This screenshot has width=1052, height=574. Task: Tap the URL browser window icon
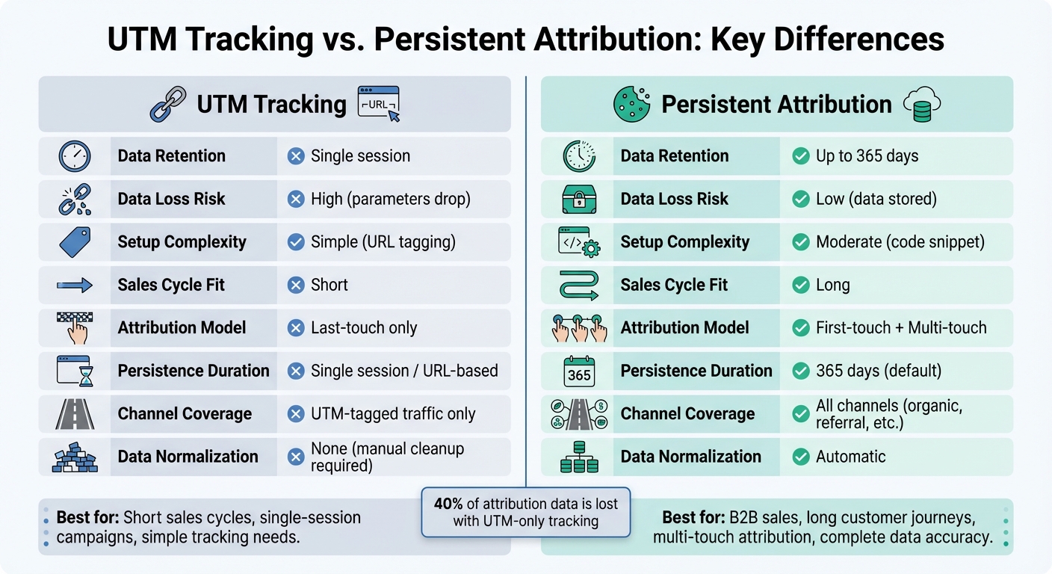pos(379,103)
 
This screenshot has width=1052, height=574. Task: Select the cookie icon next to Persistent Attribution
pos(631,104)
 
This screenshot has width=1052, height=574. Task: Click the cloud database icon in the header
pos(920,104)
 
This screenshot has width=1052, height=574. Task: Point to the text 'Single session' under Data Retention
pos(360,156)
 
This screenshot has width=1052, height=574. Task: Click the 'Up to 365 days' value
pos(867,156)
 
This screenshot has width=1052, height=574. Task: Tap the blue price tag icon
pos(74,242)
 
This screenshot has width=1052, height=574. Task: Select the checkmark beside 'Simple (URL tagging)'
pos(296,242)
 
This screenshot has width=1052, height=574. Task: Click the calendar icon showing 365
pos(579,371)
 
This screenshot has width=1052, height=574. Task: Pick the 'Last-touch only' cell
pos(364,328)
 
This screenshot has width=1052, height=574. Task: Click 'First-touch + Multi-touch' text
pos(901,328)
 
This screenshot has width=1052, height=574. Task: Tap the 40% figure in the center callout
pos(447,504)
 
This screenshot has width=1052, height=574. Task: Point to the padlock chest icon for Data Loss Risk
pos(579,200)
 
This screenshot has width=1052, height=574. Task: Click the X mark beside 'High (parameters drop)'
pos(296,200)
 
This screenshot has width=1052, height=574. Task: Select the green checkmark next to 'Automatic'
pos(801,457)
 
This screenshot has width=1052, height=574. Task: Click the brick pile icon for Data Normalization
pos(74,457)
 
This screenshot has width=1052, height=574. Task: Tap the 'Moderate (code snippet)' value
pos(900,242)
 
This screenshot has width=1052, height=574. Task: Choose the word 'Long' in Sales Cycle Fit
pos(832,286)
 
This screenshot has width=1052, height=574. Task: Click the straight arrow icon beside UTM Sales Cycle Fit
pos(74,286)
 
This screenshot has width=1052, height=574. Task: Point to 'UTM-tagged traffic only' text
pos(393,414)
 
